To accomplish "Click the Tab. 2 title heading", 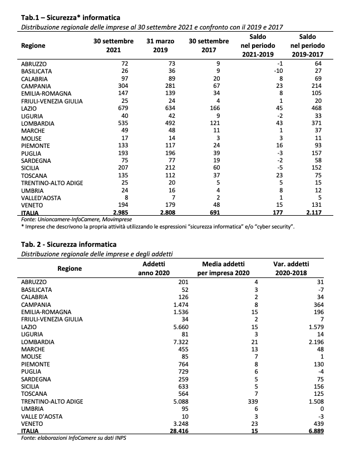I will click(69, 244).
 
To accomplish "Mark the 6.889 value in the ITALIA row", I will click(313, 430).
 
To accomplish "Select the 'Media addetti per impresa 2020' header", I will click(224, 269).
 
